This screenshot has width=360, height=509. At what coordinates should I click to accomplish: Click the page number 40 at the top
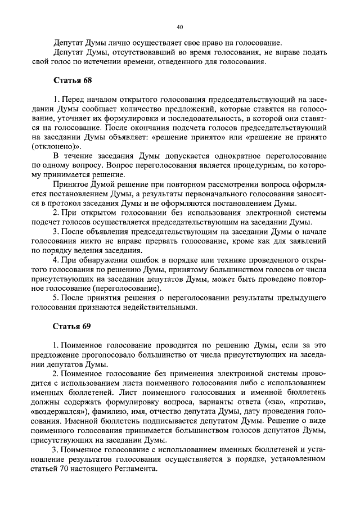tap(180, 26)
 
